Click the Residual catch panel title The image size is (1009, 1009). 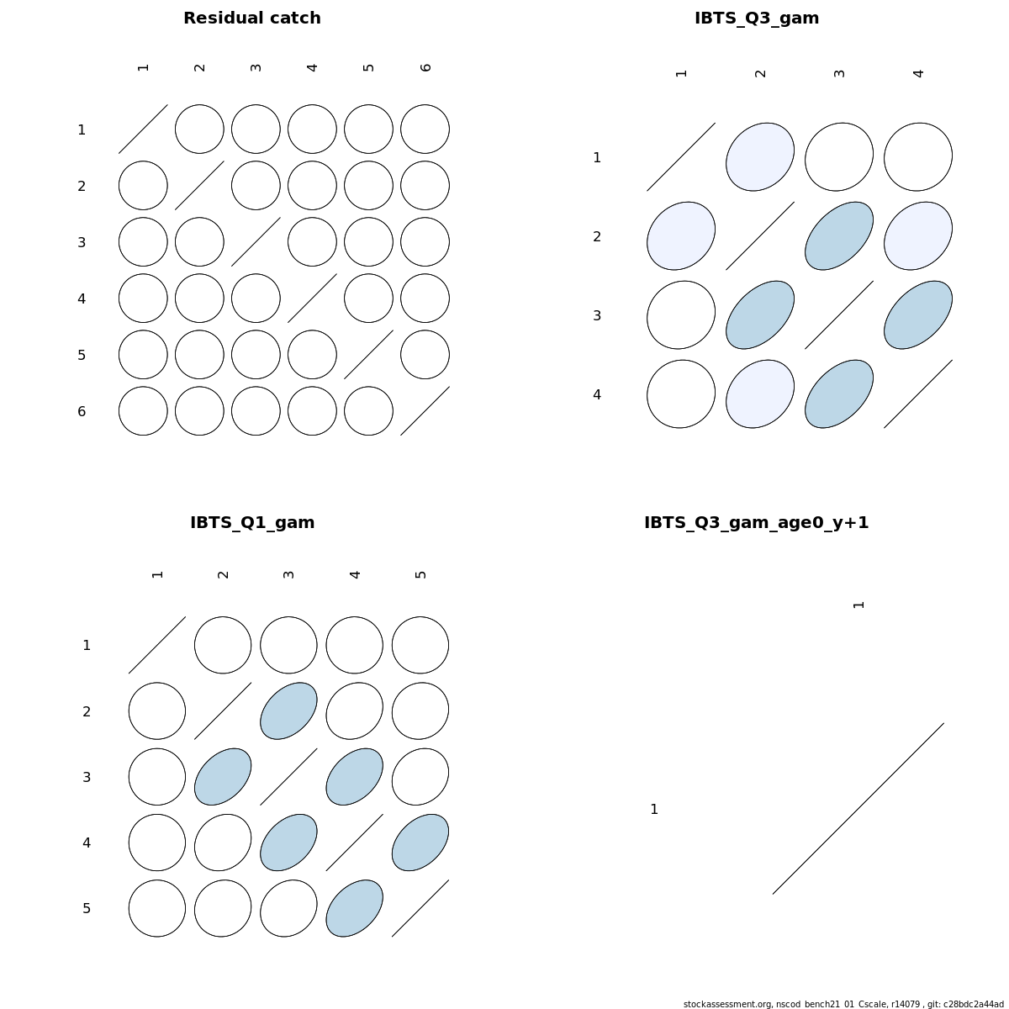252,18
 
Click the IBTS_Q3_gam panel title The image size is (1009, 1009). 757,18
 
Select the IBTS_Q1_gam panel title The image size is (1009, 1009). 252,522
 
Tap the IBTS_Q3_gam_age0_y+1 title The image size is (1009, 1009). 757,522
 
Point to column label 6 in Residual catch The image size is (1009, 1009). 425,67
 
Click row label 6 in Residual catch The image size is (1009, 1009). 82,411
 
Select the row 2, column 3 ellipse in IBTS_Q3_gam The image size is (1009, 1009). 839,236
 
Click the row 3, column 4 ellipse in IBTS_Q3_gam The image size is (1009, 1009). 918,315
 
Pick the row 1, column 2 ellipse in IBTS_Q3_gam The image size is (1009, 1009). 760,157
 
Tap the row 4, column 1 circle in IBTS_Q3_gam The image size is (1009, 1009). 681,394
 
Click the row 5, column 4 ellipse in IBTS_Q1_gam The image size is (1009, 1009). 355,908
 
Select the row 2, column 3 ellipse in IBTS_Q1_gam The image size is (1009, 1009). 288,711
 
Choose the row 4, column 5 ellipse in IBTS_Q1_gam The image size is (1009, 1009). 420,843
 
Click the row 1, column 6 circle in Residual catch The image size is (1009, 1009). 425,129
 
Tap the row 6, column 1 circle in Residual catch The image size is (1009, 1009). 143,411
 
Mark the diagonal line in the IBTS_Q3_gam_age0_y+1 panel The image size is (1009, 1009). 858,808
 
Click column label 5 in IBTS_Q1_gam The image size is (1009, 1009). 420,574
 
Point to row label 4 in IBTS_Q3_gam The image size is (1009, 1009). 597,395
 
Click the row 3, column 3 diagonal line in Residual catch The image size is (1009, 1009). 256,242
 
